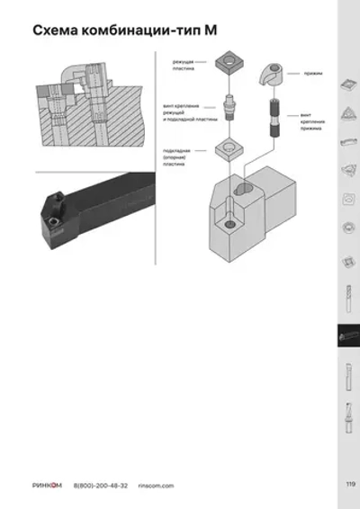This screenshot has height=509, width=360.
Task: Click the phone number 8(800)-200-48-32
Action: [x=101, y=485]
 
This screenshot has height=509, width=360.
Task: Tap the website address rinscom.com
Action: [x=156, y=485]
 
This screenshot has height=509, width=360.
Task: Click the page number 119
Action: [x=350, y=485]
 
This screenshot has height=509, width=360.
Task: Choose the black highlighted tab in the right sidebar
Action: [x=346, y=335]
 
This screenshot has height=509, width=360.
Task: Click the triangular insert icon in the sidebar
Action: [x=346, y=113]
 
